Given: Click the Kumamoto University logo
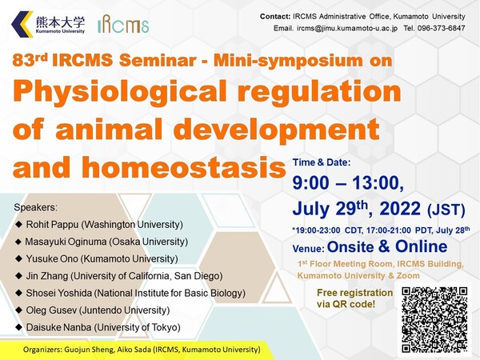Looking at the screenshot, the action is point(48,24).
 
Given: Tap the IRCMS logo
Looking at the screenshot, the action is point(123,24).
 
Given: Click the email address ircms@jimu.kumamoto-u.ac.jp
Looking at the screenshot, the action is point(347,28).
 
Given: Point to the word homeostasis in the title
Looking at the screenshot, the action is point(184,167).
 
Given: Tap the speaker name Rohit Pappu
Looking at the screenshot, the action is point(52,225).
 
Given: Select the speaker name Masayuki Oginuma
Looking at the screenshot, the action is point(66,242).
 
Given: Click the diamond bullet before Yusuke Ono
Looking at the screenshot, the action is point(19,258).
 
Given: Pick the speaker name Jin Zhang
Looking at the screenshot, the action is point(47,276).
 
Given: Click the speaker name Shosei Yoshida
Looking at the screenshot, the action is point(58,293).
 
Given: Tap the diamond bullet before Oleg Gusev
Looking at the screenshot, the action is point(19,310).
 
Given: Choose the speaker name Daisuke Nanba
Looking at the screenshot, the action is point(58,327).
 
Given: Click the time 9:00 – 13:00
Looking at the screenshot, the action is point(348,183).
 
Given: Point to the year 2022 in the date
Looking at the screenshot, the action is point(400,209).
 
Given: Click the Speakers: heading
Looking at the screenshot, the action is point(35,207).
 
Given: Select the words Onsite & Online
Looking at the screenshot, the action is point(387,246).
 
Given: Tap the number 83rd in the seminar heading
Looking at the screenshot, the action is point(30,59).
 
